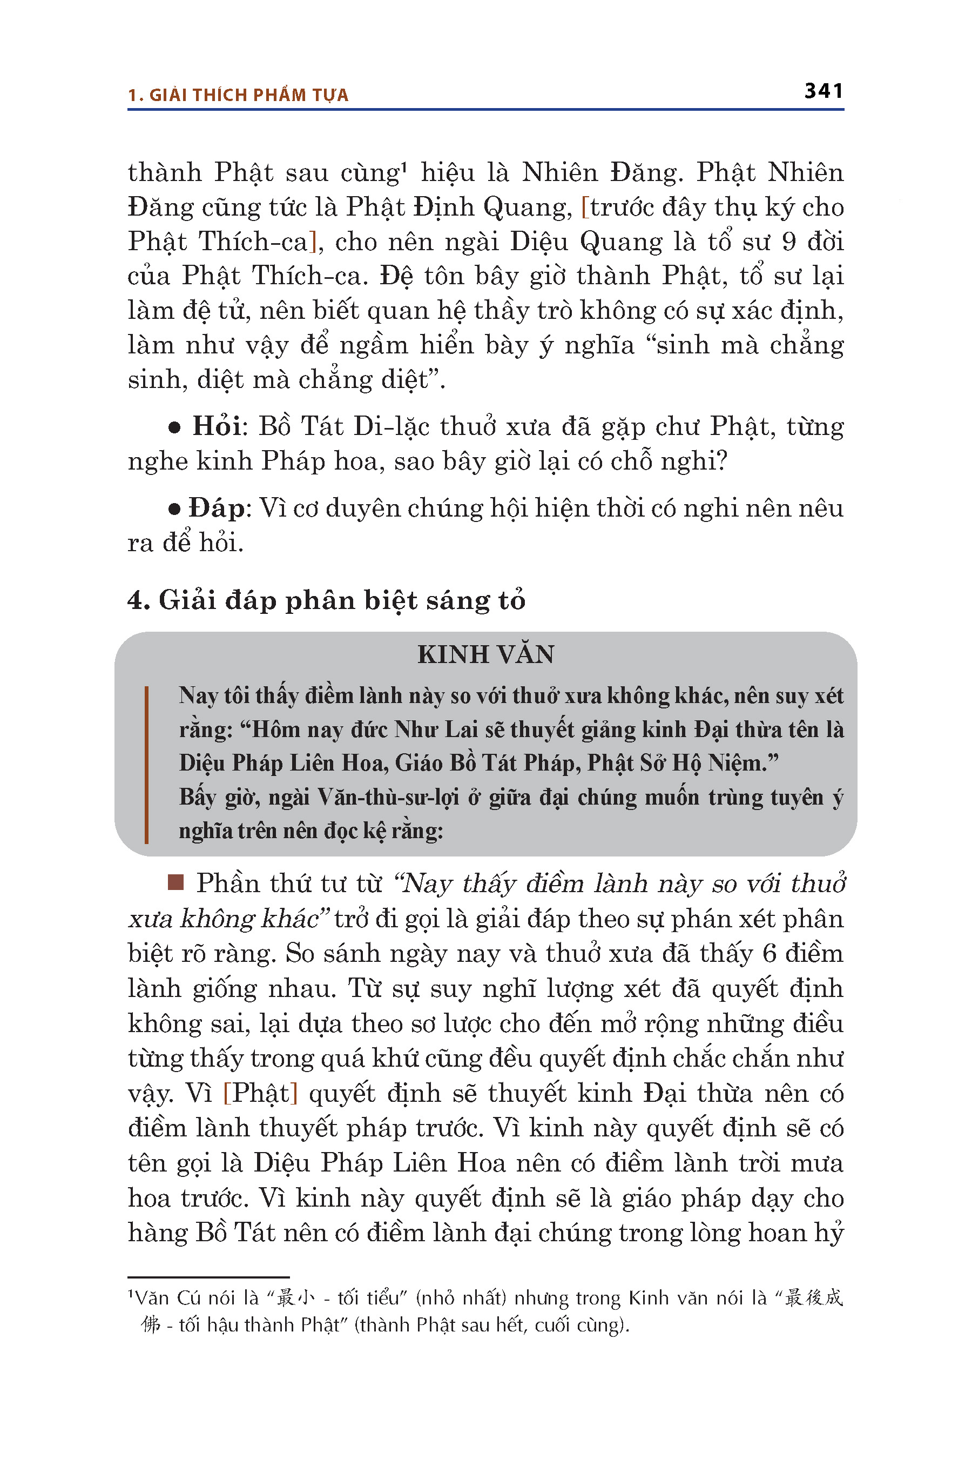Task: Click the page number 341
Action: click(823, 91)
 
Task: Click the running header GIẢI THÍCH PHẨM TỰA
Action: click(248, 95)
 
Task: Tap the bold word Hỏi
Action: click(217, 426)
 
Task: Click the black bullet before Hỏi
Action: click(175, 428)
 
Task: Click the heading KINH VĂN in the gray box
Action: click(485, 654)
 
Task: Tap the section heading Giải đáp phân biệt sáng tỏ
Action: click(342, 600)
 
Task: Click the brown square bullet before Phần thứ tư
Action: click(176, 882)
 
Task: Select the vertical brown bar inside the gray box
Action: click(146, 764)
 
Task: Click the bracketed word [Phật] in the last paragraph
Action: click(260, 1093)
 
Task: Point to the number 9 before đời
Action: click(788, 242)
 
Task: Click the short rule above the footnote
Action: click(208, 1276)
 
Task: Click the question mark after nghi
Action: click(720, 461)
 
